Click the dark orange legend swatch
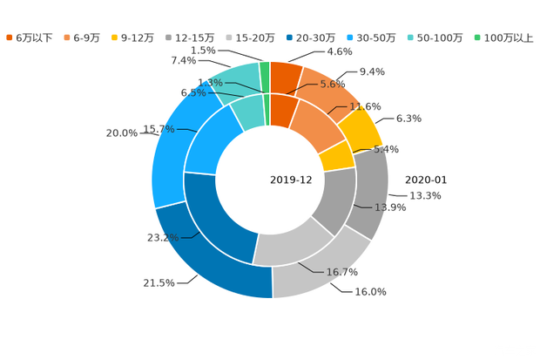(10, 37)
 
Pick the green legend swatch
(477, 37)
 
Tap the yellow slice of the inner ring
(336, 156)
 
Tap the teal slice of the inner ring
(249, 112)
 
